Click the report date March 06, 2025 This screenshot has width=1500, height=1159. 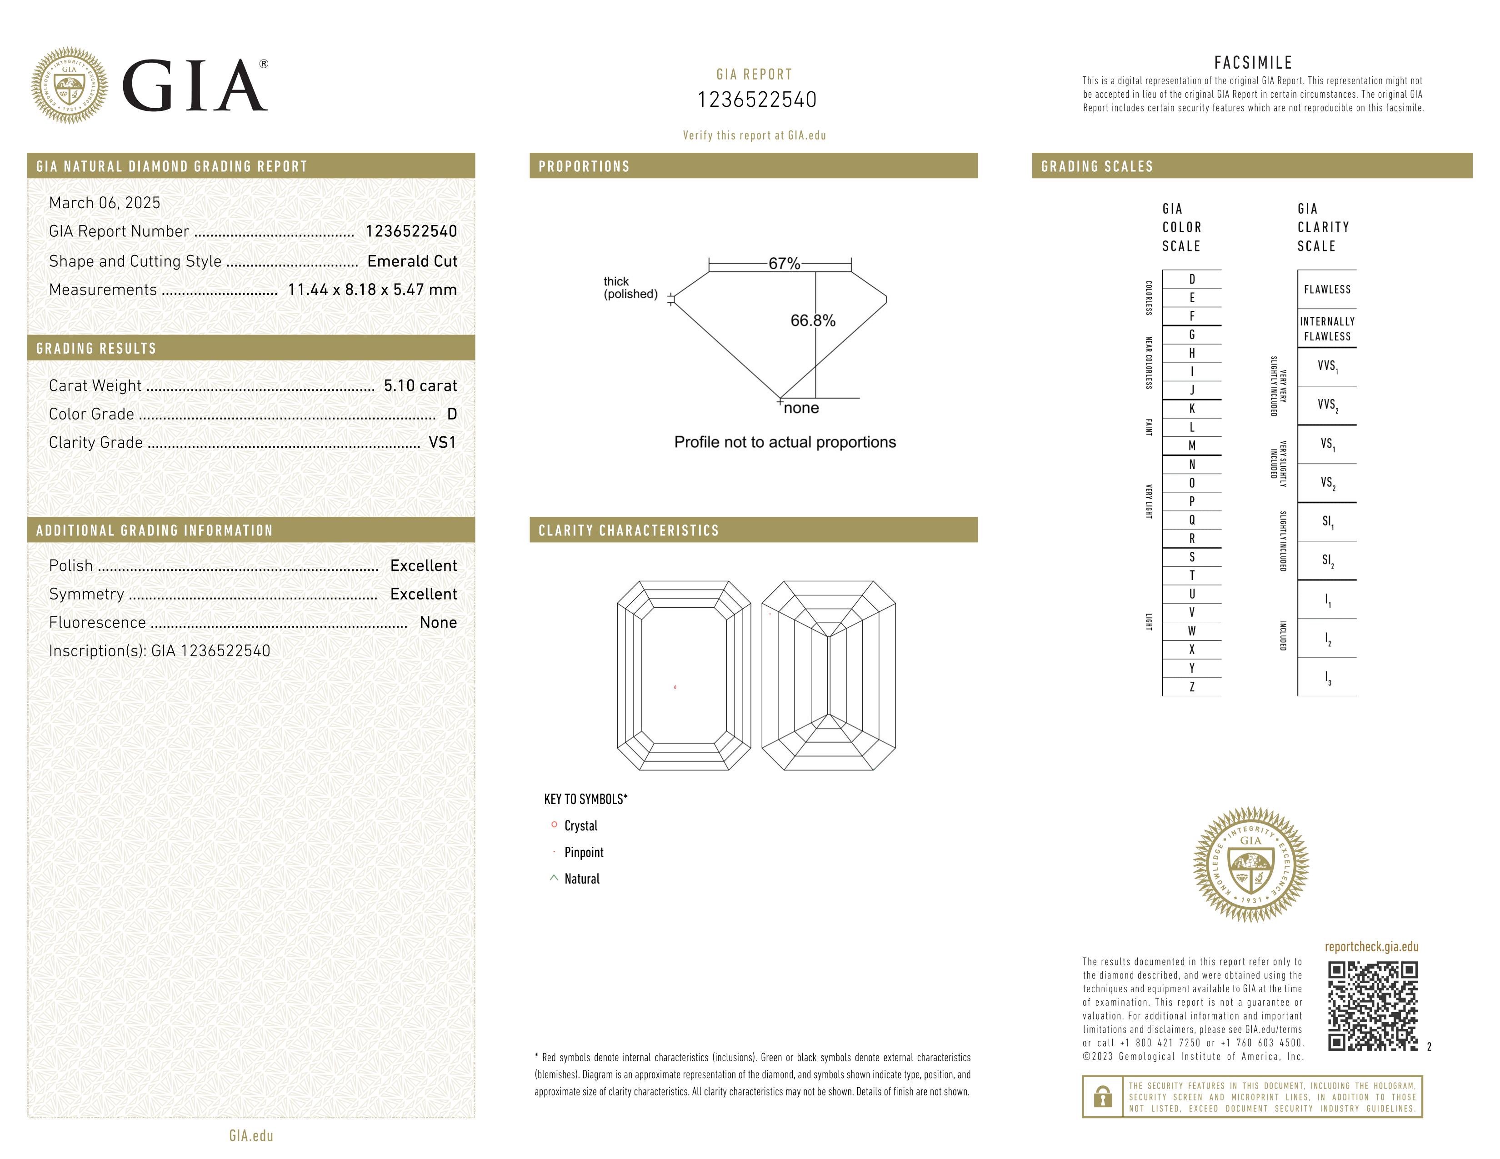(105, 203)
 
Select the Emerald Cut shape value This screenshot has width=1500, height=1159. (412, 261)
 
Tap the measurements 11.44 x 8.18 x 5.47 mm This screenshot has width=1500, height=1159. (372, 290)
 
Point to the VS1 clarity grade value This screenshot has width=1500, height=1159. (442, 443)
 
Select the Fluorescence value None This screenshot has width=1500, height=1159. (438, 623)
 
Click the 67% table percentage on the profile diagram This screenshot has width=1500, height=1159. (784, 264)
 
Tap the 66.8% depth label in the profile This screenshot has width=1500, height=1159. (813, 320)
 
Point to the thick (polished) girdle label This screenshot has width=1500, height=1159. (630, 288)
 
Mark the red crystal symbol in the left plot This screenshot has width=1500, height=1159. (675, 687)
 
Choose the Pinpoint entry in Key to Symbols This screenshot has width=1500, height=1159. (583, 853)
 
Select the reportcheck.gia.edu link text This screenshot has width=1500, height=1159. (1371, 947)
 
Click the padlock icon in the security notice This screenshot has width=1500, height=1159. (1102, 1097)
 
